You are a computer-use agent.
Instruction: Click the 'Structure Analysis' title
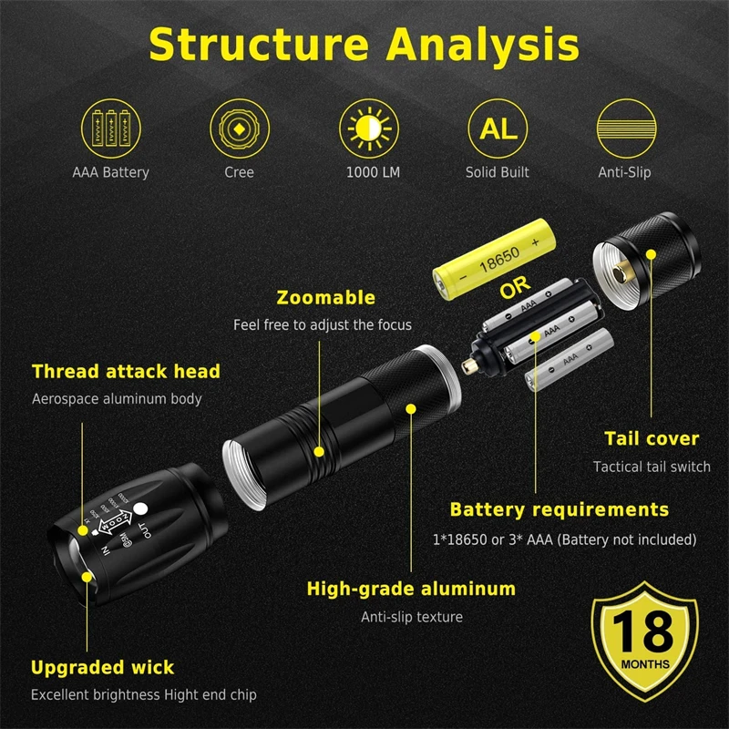(x=364, y=43)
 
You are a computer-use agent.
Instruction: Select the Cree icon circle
(x=239, y=128)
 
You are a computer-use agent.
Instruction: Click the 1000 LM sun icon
(x=368, y=128)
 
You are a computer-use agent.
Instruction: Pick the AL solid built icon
(x=498, y=128)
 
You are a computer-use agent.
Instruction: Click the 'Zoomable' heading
(x=325, y=298)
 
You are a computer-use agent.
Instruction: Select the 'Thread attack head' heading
(x=126, y=372)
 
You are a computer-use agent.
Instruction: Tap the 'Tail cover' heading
(x=652, y=439)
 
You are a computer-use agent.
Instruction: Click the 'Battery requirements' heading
(x=560, y=509)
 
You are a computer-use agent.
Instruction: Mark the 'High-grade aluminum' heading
(x=411, y=589)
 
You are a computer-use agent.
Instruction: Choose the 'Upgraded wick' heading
(x=102, y=668)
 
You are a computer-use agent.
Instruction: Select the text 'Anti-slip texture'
(x=412, y=617)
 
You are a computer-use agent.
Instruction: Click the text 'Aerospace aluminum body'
(x=117, y=398)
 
